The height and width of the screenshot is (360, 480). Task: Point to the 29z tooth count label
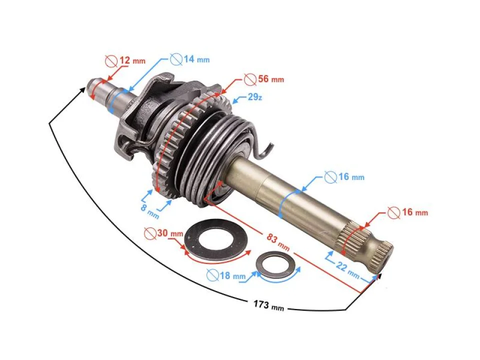254,97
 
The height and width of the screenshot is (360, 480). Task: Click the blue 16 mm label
350,177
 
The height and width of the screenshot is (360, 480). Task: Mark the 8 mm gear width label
148,208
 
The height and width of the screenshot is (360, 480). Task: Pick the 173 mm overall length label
268,304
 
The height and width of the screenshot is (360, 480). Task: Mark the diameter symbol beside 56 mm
249,79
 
